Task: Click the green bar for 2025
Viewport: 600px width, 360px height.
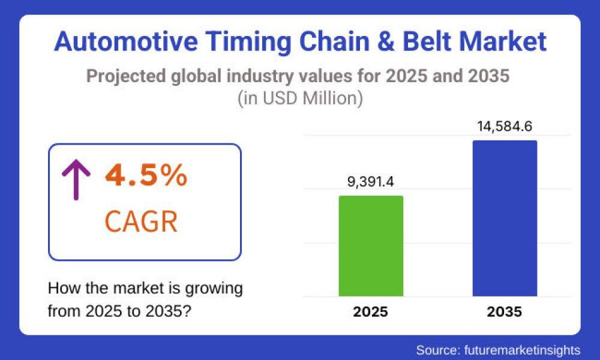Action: coord(371,246)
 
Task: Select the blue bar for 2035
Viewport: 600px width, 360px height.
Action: coord(505,218)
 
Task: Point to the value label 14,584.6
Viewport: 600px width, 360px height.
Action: coord(505,127)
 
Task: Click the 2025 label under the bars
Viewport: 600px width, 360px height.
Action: coord(371,313)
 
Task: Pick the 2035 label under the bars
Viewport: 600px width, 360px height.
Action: coord(505,313)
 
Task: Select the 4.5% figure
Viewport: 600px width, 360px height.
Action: coord(146,176)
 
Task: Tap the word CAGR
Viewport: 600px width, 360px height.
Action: coord(141,221)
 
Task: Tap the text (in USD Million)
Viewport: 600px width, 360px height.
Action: coord(300,98)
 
